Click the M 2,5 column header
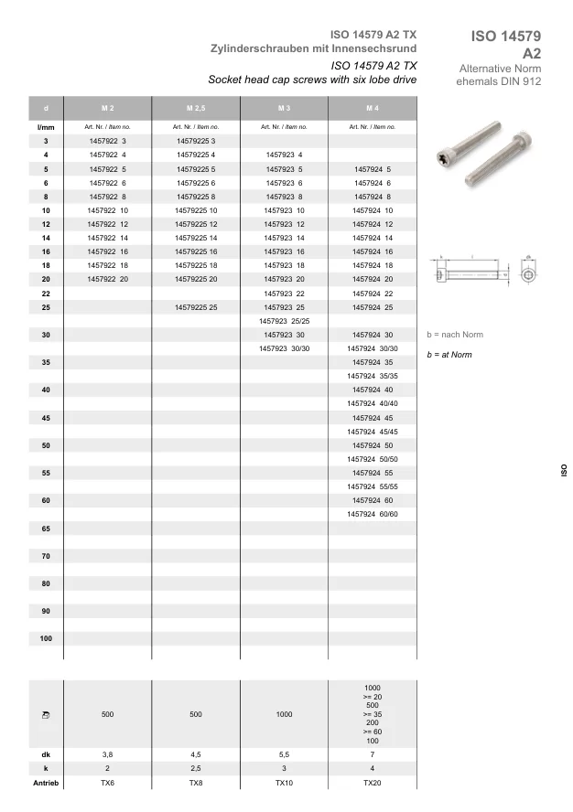point(195,109)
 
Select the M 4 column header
point(372,109)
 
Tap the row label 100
point(46,638)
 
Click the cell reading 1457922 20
point(107,278)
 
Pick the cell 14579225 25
point(195,307)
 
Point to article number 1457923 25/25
point(285,321)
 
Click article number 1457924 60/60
point(372,515)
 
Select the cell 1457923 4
point(284,155)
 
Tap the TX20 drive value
point(372,785)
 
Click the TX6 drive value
point(107,785)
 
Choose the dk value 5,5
point(284,754)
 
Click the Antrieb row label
point(46,785)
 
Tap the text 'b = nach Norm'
point(455,335)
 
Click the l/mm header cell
point(46,127)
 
